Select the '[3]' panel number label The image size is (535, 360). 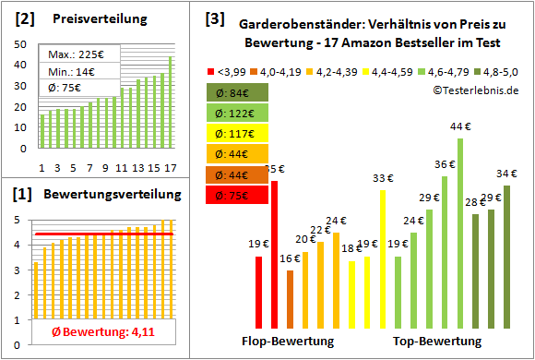[215, 18]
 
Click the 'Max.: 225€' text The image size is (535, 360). [75, 54]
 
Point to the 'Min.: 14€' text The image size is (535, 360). [72, 72]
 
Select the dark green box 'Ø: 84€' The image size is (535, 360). [239, 92]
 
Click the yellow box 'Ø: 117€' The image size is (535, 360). [239, 133]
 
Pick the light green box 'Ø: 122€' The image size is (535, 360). [239, 113]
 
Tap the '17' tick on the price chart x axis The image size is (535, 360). [170, 167]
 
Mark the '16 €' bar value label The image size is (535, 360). [290, 259]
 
